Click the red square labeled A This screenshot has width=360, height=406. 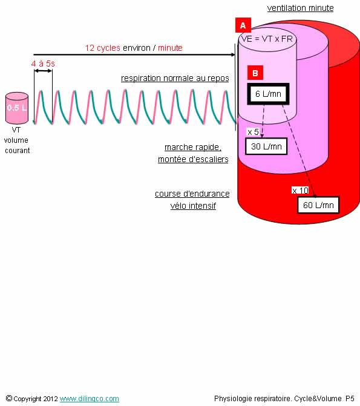tap(243, 25)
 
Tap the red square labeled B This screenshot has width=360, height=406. tap(255, 73)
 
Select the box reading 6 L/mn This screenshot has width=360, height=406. tap(268, 94)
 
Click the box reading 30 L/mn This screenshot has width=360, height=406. tap(266, 146)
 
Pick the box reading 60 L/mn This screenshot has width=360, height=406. tap(318, 205)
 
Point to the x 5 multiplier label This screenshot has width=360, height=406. tap(253, 132)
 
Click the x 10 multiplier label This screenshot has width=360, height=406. tap(300, 191)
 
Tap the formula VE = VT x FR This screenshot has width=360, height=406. tap(267, 39)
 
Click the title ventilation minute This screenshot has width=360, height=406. tap(301, 8)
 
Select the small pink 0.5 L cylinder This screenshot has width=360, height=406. tap(17, 108)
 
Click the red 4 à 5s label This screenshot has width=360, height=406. tap(43, 64)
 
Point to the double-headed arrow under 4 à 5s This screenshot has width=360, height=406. tap(43, 71)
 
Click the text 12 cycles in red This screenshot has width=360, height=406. tap(103, 48)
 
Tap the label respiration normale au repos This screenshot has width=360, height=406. tap(175, 78)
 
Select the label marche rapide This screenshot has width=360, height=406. tap(193, 147)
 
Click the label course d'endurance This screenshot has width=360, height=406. tap(192, 194)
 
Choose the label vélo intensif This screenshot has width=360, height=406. tap(193, 206)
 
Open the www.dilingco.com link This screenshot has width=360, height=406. tap(90, 399)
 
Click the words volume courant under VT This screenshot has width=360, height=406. tap(17, 145)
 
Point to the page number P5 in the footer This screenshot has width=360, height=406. tap(350, 398)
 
